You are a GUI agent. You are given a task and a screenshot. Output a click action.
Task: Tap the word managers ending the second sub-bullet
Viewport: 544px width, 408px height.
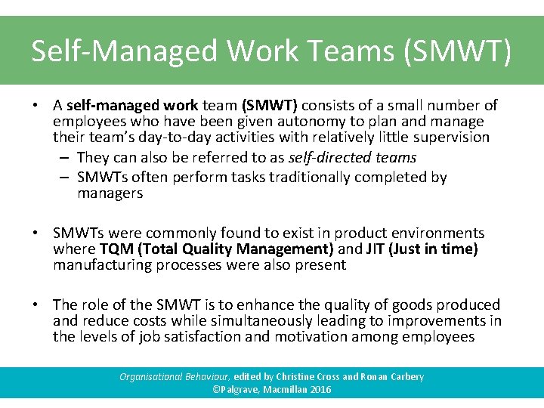[x=110, y=193]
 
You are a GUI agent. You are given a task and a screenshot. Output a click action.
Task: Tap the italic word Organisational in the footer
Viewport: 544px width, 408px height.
[x=150, y=377]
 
